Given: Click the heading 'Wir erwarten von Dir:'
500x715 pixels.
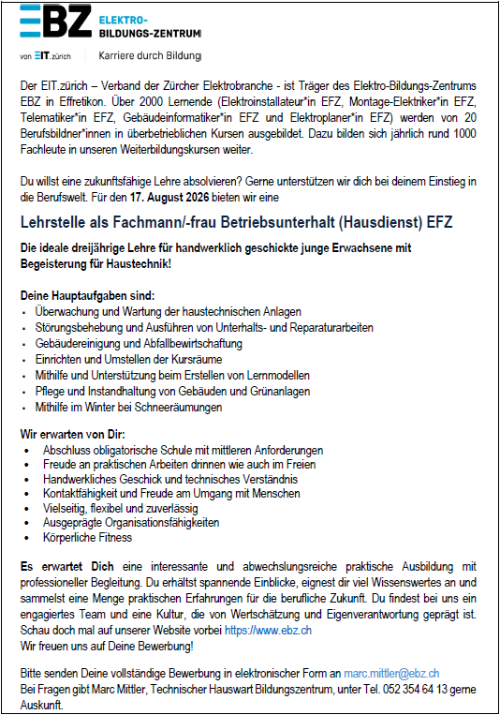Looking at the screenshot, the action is tap(71, 435).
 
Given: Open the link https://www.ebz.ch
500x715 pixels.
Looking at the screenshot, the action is tap(268, 631).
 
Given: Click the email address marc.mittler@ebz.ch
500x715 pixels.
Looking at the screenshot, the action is tap(391, 673).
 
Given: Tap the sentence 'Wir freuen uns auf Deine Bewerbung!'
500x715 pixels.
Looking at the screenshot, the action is tap(108, 646).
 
